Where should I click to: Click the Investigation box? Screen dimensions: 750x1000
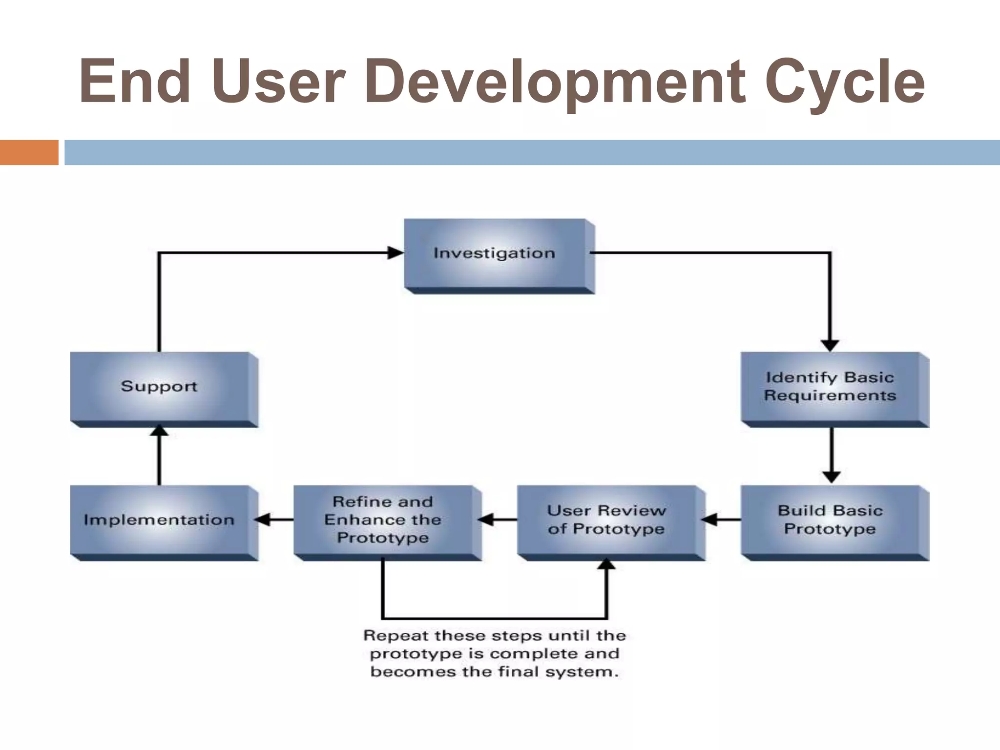pyautogui.click(x=495, y=253)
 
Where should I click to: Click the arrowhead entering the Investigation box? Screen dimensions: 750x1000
pyautogui.click(x=396, y=253)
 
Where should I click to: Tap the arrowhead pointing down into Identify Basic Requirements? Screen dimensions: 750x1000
pyautogui.click(x=830, y=345)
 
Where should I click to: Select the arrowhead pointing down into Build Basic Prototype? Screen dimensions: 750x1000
pyautogui.click(x=831, y=477)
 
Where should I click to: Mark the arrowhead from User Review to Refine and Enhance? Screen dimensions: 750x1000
pyautogui.click(x=486, y=520)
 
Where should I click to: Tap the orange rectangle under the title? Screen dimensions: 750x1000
pyautogui.click(x=29, y=152)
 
